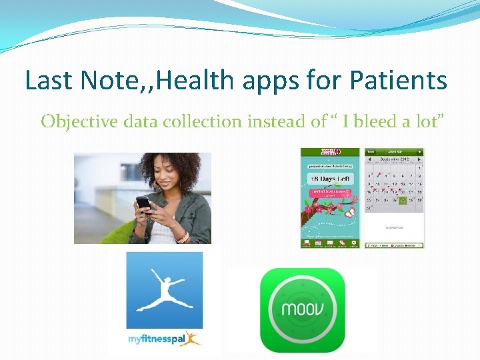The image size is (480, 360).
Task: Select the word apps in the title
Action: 265,81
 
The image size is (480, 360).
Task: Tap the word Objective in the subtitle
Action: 75,121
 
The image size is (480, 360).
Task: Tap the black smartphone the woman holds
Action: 143,202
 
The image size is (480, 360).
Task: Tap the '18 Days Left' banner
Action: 329,179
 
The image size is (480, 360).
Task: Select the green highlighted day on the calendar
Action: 403,201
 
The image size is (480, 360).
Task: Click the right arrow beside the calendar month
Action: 419,160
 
